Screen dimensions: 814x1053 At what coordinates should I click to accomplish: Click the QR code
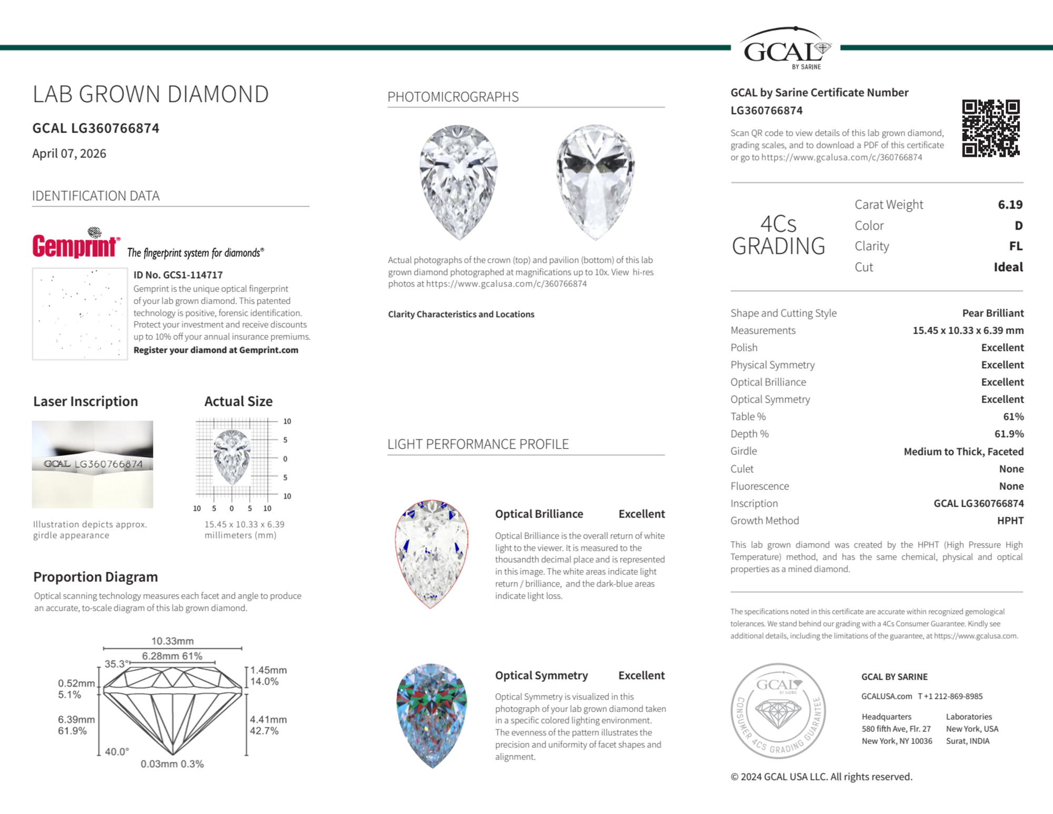990,128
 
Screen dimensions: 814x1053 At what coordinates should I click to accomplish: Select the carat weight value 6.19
1010,204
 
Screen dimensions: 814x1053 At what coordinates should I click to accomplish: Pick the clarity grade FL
1015,246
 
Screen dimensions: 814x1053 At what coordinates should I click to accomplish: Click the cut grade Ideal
1008,267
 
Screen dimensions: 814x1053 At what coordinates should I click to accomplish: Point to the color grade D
1018,225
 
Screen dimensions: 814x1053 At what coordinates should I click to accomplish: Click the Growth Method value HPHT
1010,520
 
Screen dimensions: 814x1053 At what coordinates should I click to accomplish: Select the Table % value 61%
1013,416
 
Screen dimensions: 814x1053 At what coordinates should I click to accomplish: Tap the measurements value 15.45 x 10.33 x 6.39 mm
968,330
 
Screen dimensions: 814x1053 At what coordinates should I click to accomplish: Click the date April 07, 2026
69,153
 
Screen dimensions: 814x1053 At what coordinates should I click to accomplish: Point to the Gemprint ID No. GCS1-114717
178,275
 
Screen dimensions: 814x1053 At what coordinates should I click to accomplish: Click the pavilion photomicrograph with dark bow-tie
595,182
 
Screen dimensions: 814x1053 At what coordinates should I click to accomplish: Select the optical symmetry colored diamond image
432,715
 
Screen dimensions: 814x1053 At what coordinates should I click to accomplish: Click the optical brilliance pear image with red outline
432,553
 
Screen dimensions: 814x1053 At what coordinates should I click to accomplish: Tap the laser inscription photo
93,464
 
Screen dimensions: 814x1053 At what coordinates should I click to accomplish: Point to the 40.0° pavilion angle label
117,751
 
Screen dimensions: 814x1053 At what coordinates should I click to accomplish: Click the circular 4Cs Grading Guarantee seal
778,710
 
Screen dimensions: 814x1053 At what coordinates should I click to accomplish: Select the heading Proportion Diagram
96,577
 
